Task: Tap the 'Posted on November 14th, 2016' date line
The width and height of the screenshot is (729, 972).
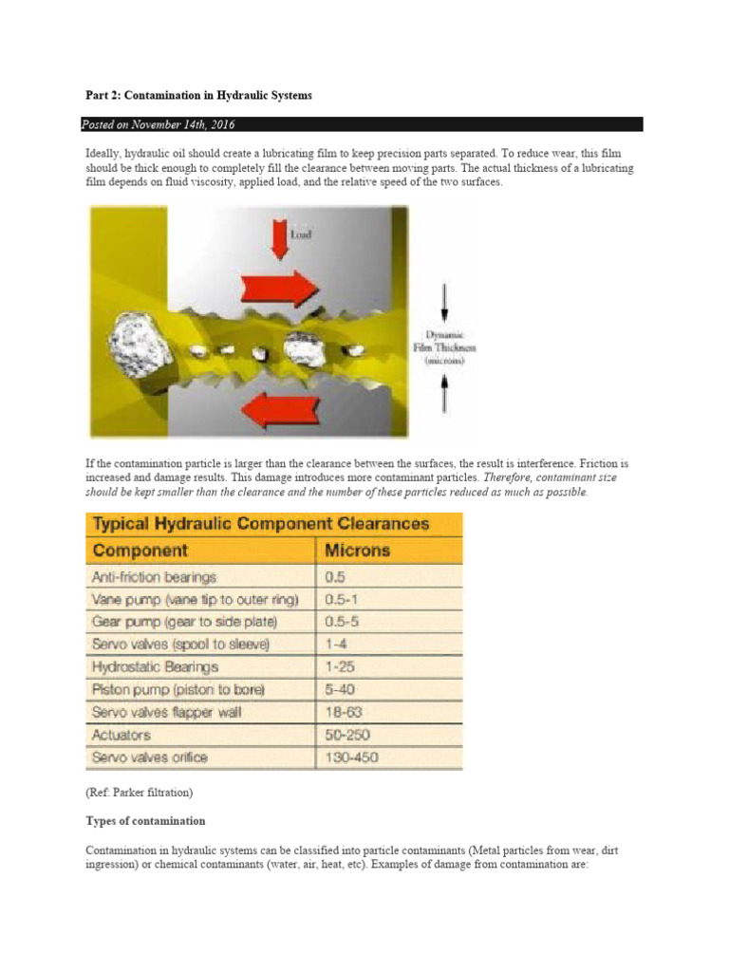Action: (159, 124)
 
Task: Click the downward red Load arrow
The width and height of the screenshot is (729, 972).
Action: (279, 238)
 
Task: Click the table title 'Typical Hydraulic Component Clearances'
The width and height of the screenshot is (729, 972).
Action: (259, 524)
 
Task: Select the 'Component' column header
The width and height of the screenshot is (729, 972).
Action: (140, 551)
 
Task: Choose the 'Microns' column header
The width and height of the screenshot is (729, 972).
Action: (357, 551)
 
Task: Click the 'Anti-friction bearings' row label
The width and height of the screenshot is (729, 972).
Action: (154, 576)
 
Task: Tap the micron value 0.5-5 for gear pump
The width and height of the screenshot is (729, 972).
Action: (343, 622)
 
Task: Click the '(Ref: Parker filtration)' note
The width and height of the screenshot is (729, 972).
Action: (139, 790)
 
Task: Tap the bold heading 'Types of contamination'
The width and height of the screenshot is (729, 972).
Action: (145, 820)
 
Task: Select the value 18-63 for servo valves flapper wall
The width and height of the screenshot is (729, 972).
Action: (344, 712)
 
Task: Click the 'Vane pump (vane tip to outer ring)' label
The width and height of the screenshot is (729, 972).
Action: (195, 599)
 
